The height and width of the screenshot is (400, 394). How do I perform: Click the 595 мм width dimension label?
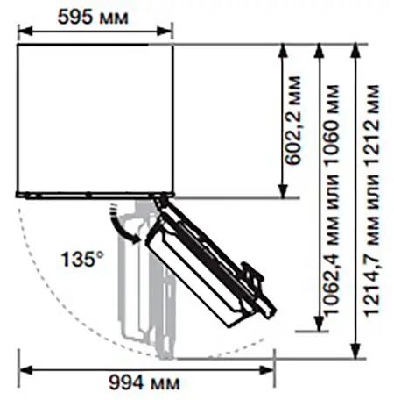click(93, 17)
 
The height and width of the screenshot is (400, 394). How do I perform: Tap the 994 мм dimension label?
click(144, 382)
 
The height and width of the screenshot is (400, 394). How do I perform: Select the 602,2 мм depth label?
click(292, 120)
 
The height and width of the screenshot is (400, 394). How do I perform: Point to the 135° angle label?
click(82, 259)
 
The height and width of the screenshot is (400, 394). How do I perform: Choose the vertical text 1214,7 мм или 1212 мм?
click(371, 200)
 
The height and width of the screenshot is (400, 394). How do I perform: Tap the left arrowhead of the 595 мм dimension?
click(25, 31)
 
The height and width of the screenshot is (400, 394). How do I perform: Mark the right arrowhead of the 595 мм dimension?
click(165, 31)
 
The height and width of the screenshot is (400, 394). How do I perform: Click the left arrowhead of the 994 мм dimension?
click(25, 370)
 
